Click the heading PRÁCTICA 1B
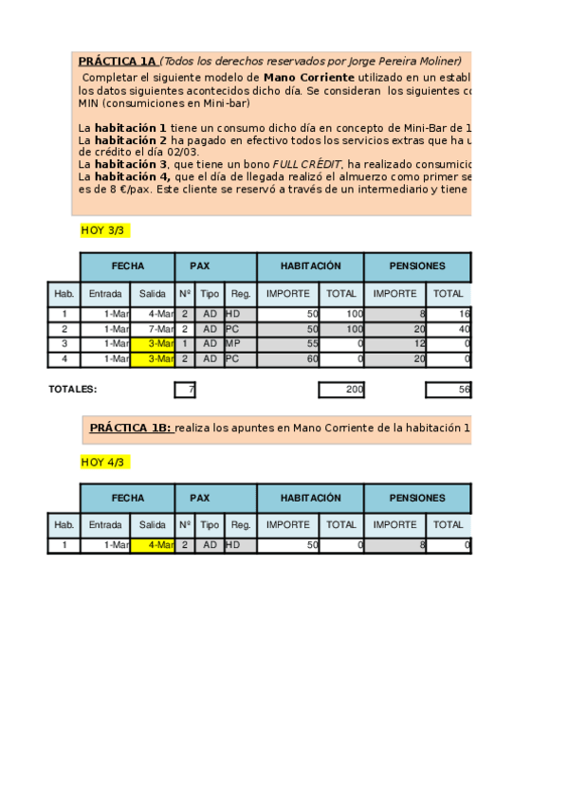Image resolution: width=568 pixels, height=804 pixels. pyautogui.click(x=130, y=429)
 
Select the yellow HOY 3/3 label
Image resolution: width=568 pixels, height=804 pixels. pyautogui.click(x=102, y=230)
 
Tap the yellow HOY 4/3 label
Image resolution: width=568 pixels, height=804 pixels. pyautogui.click(x=102, y=462)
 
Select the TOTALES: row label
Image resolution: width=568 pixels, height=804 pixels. pyautogui.click(x=73, y=389)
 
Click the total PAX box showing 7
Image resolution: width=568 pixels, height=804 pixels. pyautogui.click(x=185, y=390)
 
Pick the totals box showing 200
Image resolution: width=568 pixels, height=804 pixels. pyautogui.click(x=341, y=390)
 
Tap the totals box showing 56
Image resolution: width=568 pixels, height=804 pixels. pyautogui.click(x=448, y=390)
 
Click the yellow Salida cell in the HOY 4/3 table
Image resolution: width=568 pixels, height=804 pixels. pyautogui.click(x=152, y=545)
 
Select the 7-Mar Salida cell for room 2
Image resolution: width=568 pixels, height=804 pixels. pyautogui.click(x=152, y=328)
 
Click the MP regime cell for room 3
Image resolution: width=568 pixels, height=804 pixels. pyautogui.click(x=240, y=343)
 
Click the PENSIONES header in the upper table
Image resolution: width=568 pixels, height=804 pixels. pyautogui.click(x=416, y=266)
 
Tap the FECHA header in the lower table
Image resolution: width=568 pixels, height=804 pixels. pyautogui.click(x=128, y=498)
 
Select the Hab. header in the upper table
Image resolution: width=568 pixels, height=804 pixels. pyautogui.click(x=64, y=294)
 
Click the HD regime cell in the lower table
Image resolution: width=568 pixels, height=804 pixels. pyautogui.click(x=240, y=545)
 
